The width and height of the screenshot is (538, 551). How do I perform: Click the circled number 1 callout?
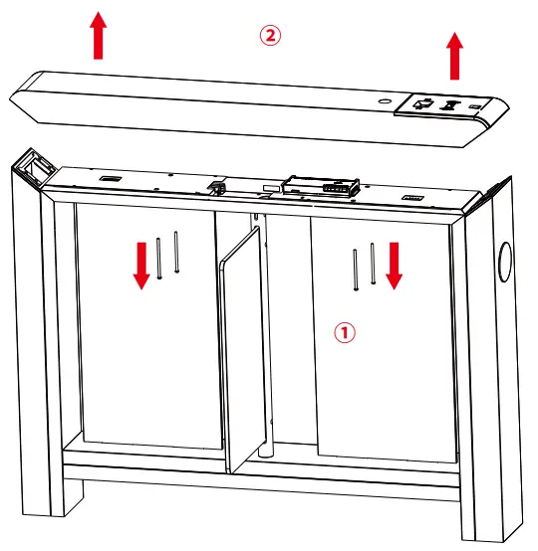[x=344, y=332]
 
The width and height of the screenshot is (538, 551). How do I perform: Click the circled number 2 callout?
[x=271, y=36]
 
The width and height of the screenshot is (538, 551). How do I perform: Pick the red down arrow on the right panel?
[x=395, y=264]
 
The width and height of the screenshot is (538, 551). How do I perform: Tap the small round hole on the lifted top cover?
[x=384, y=101]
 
